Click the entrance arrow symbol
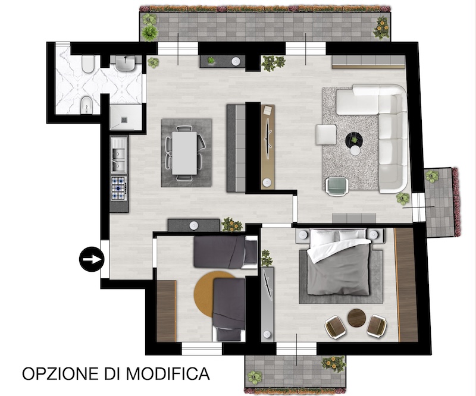point(92,259)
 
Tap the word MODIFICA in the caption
point(168,373)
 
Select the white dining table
point(184,153)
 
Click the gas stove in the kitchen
point(118,188)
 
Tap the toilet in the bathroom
point(88,64)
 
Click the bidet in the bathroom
point(87,105)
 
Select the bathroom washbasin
point(125,64)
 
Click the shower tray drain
point(124,120)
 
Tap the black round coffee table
point(354,140)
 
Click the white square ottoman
point(326,134)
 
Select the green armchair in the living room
point(337,186)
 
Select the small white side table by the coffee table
point(355,150)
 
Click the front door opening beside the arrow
point(105,259)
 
